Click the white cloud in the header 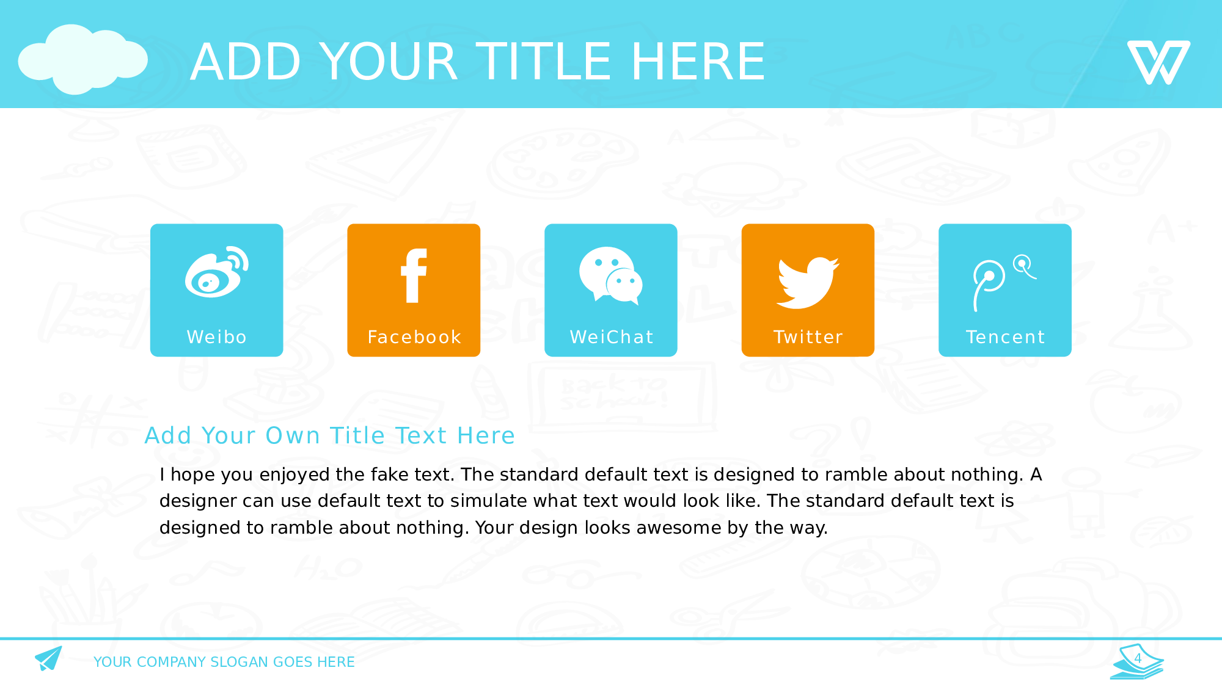point(82,60)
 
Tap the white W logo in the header point(1158,62)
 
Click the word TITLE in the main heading point(543,62)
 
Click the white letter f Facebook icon point(414,275)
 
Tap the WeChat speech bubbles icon point(611,275)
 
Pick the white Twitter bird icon point(808,283)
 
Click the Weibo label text point(217,337)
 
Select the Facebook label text point(414,337)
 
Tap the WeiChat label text point(612,337)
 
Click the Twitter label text point(808,337)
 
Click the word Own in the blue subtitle point(293,436)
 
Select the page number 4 point(1138,658)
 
